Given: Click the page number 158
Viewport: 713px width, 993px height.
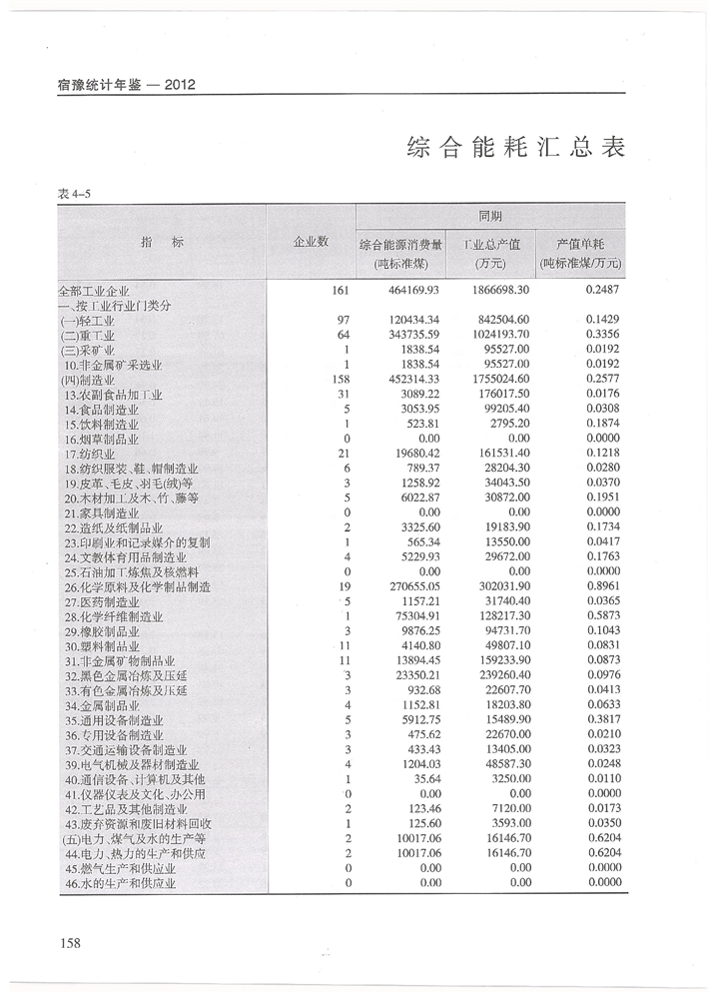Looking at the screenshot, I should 69,942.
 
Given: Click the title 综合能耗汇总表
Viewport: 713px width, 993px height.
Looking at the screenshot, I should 516,148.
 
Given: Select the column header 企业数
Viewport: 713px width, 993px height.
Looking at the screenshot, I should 311,242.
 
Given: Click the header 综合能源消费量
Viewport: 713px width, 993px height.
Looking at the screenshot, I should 400,244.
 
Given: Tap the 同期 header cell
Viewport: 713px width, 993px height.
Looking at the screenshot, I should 490,216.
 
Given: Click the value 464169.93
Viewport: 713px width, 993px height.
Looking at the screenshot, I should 412,290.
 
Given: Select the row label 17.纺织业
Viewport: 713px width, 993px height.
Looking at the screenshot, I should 92,454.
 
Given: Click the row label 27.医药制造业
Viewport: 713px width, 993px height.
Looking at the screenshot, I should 102,602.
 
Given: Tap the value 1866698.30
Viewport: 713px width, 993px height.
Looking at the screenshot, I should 497,290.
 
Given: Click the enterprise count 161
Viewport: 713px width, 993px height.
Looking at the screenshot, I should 338,290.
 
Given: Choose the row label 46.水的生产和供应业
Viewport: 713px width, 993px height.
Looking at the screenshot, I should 120,883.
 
